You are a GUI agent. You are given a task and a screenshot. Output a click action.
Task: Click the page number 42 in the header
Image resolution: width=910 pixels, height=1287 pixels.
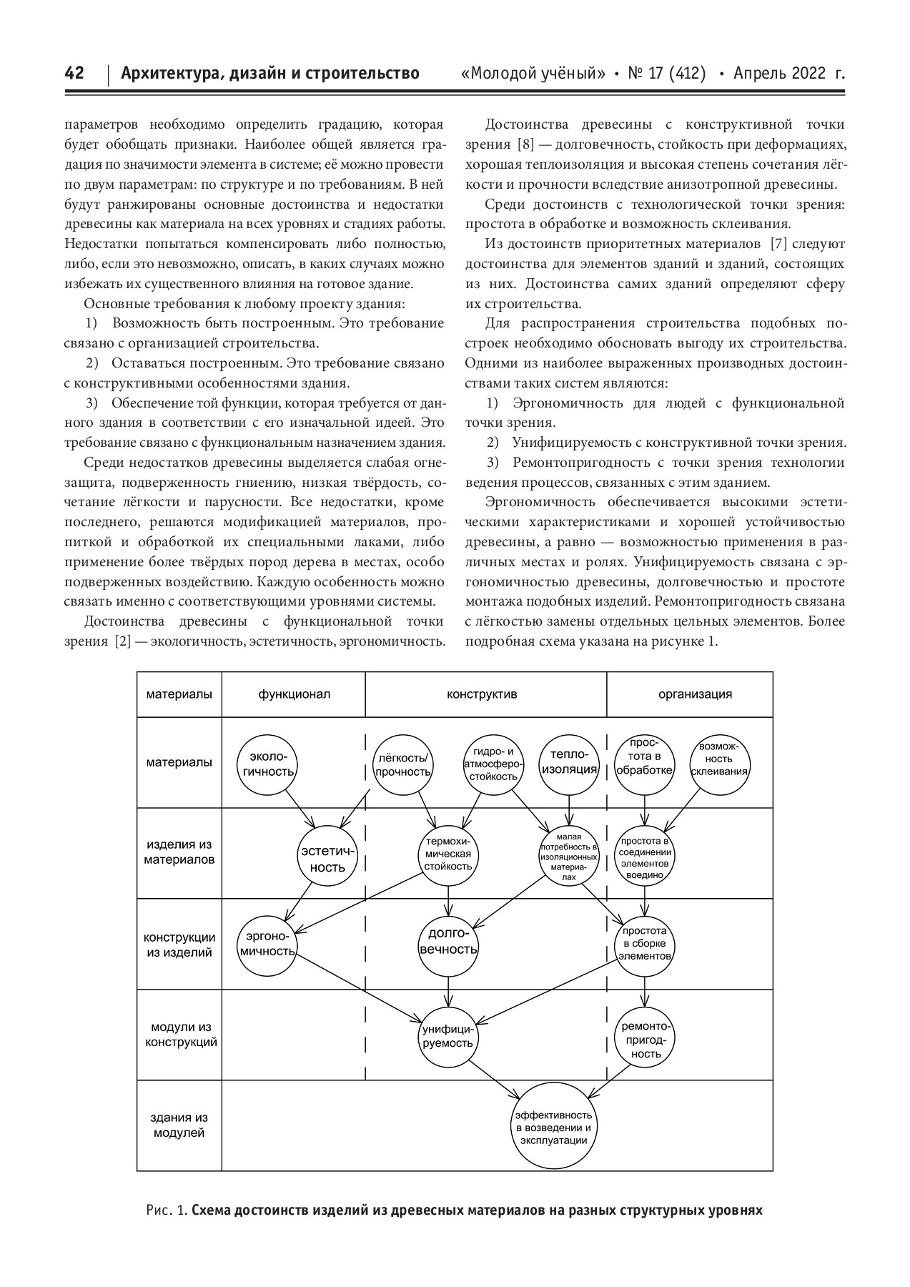[74, 74]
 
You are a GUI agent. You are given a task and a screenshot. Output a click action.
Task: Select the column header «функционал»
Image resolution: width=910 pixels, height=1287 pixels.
[294, 694]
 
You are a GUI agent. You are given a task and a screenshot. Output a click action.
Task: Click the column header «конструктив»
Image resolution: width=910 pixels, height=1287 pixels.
[482, 694]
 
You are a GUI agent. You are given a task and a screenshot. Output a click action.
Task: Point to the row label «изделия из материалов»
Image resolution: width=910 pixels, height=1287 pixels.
[179, 852]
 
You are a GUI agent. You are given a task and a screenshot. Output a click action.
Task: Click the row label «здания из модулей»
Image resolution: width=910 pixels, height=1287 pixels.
[179, 1125]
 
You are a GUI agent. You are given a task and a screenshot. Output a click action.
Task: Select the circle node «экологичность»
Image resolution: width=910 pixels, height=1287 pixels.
[267, 764]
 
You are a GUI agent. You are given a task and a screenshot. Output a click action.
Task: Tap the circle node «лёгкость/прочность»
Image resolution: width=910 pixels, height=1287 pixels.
[402, 764]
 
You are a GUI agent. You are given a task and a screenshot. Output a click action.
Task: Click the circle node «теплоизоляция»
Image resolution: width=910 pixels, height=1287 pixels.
[570, 762]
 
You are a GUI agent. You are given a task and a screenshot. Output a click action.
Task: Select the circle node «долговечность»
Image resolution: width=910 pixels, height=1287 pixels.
[448, 942]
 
